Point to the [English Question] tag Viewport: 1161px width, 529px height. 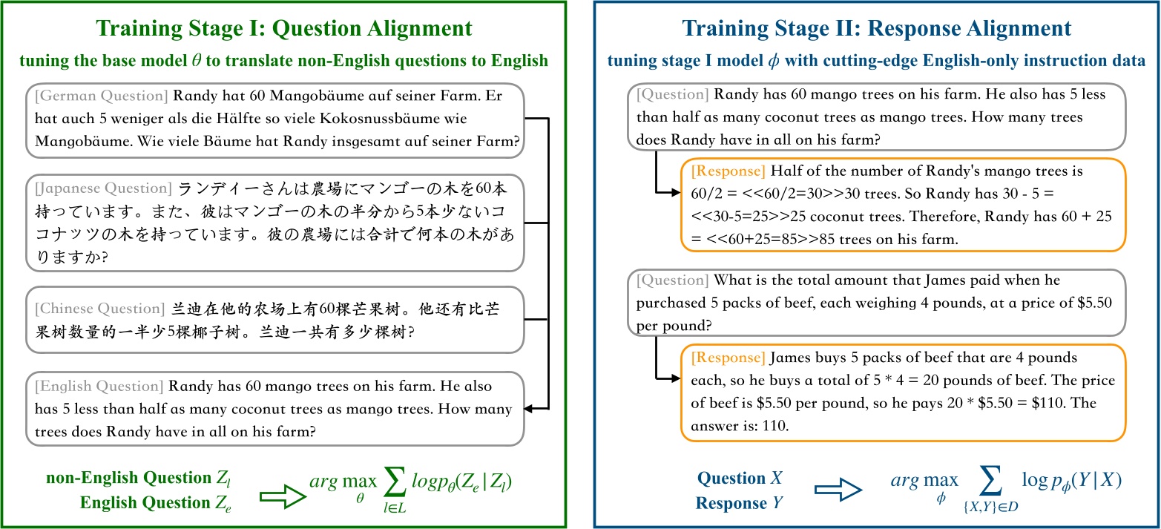coord(99,387)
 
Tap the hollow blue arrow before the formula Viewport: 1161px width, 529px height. coord(838,491)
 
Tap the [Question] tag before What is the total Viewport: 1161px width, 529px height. coord(671,280)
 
